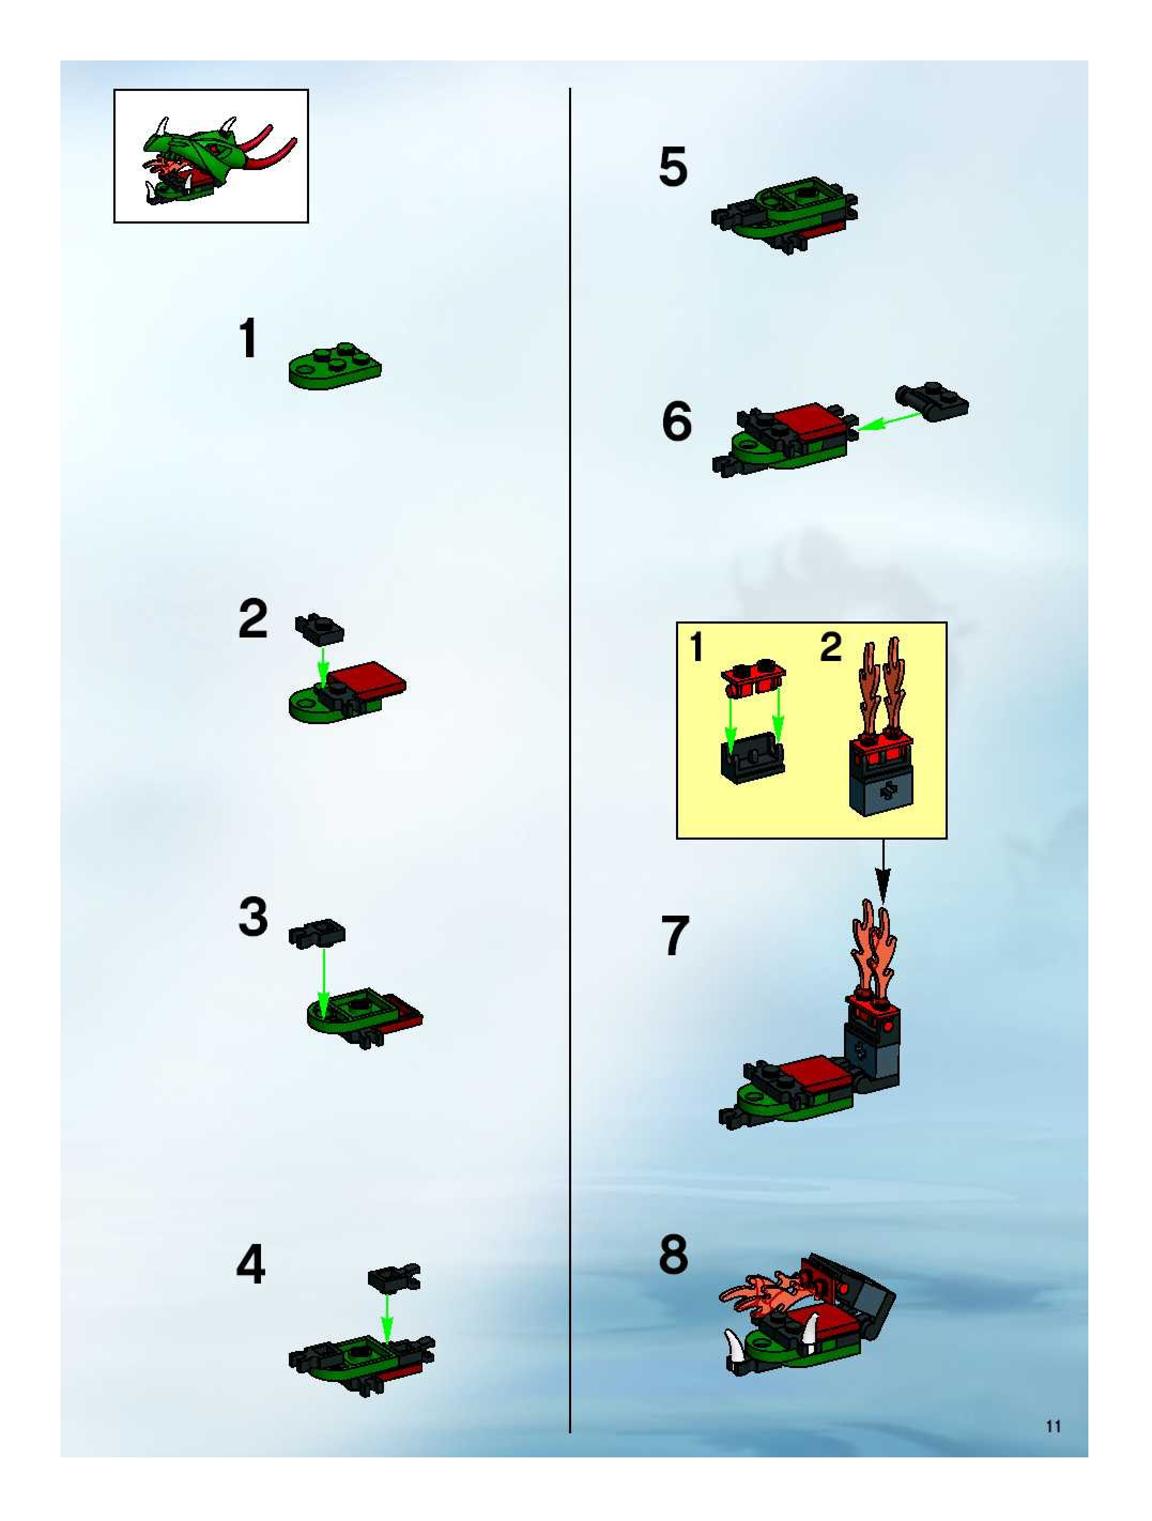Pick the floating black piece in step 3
click(317, 932)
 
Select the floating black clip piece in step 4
click(394, 1277)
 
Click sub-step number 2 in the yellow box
click(831, 647)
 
